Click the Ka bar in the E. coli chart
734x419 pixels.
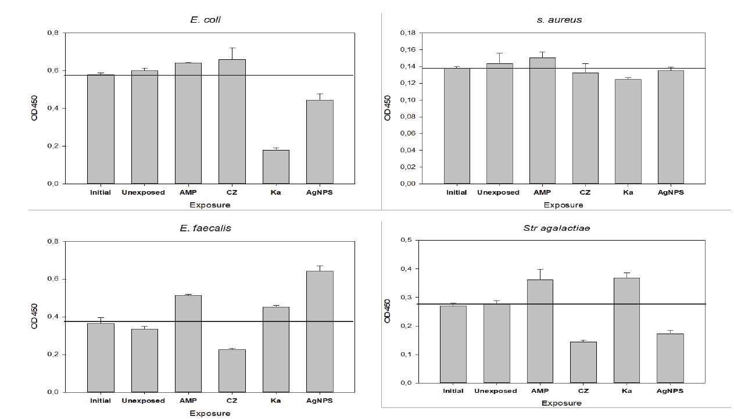pos(276,167)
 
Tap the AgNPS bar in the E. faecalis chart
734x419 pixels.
pos(320,331)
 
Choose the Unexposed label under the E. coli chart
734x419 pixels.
pos(144,192)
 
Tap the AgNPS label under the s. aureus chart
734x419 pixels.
pos(671,192)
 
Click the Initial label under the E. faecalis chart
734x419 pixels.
pos(100,400)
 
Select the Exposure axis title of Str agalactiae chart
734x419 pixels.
pos(562,403)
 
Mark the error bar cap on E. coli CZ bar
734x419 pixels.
pos(232,48)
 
